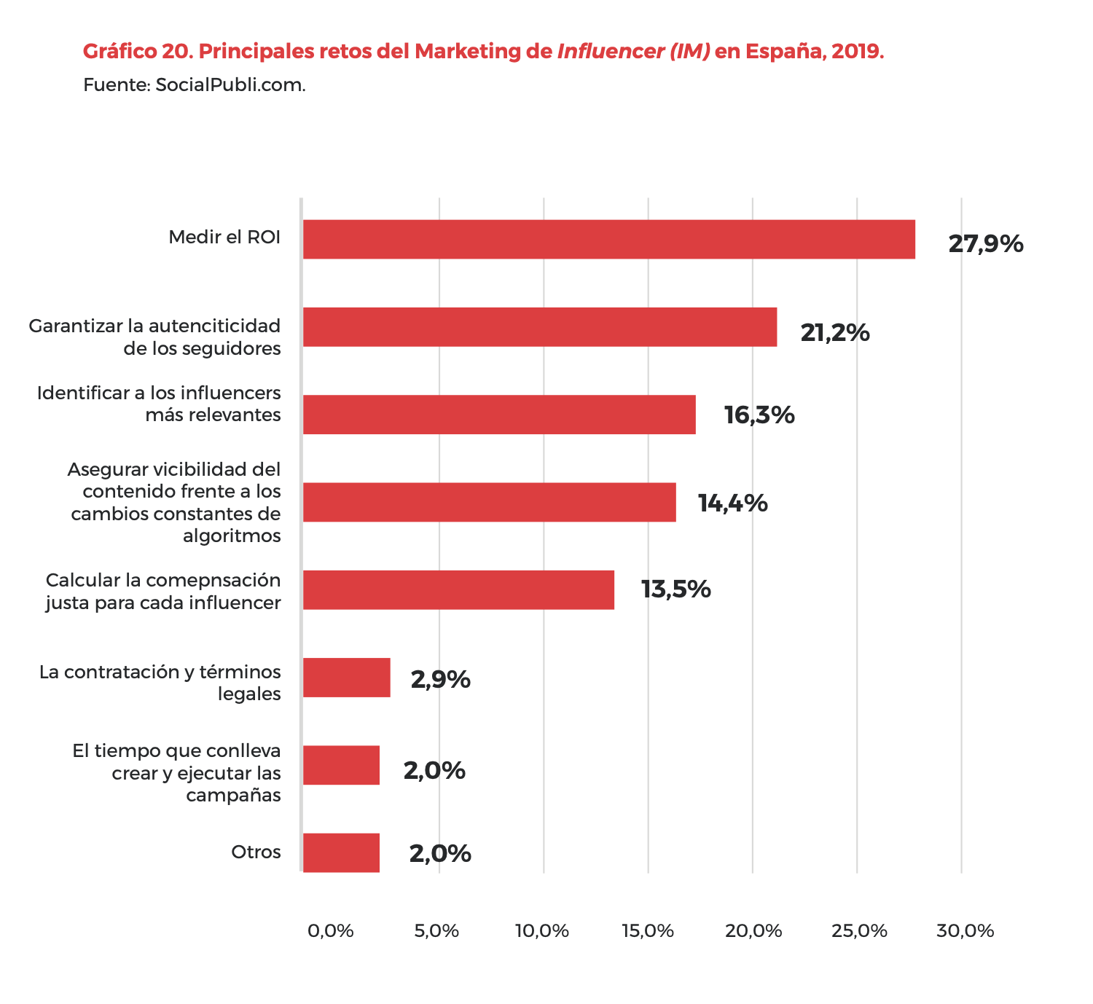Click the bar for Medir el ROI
[x=608, y=239]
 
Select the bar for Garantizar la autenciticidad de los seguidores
[x=539, y=326]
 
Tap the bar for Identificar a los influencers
[x=499, y=415]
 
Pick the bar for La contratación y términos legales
[x=346, y=678]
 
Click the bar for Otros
[x=341, y=852]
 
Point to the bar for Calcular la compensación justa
[x=458, y=589]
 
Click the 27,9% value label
[x=985, y=244]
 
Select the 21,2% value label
[x=835, y=333]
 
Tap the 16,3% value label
[x=759, y=415]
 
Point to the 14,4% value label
[x=732, y=503]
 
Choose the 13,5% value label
[x=675, y=589]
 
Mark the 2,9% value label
[x=440, y=680]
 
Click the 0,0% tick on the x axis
[x=330, y=930]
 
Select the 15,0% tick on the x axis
[x=648, y=930]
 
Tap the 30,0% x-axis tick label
[x=965, y=930]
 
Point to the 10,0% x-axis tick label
[x=541, y=930]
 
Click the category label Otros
[x=256, y=852]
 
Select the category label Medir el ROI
[x=224, y=238]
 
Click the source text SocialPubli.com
[x=230, y=85]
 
